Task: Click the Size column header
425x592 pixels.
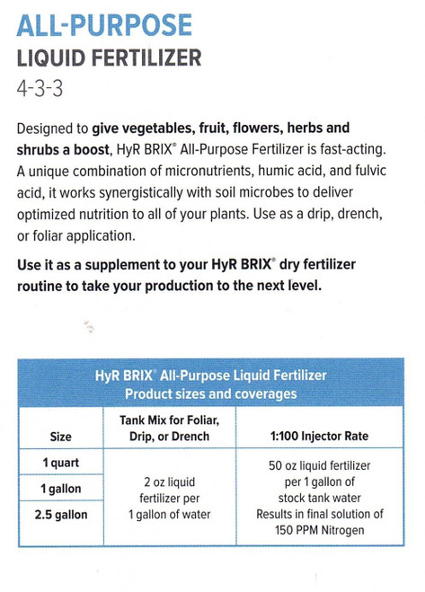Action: [x=61, y=437]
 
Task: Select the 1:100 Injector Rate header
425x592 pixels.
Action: [x=319, y=437]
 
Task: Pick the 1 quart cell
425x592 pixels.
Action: [x=61, y=463]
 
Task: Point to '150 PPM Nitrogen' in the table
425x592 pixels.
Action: [x=320, y=529]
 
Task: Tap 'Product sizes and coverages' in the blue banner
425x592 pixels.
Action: [x=211, y=394]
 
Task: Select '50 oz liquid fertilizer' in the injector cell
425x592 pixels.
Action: [x=320, y=466]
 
